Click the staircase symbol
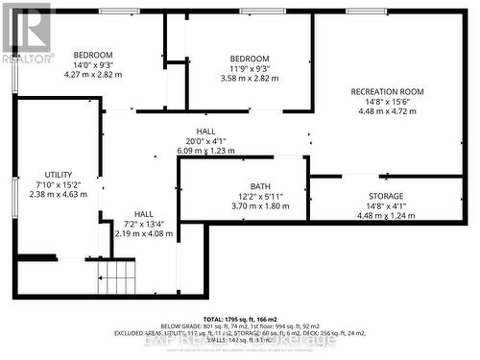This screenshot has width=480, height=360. pos(120,278)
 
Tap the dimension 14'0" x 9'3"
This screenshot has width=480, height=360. pos(93,64)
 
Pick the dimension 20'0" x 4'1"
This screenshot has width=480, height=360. pos(205,141)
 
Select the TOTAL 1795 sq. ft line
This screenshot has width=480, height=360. pos(241,318)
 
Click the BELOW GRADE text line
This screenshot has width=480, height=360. pos(241,325)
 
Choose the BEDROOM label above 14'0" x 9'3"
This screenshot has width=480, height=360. pos(93,55)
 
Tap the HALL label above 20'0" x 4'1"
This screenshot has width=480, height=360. pos(205,132)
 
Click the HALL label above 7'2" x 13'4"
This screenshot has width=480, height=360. pos(144,214)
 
